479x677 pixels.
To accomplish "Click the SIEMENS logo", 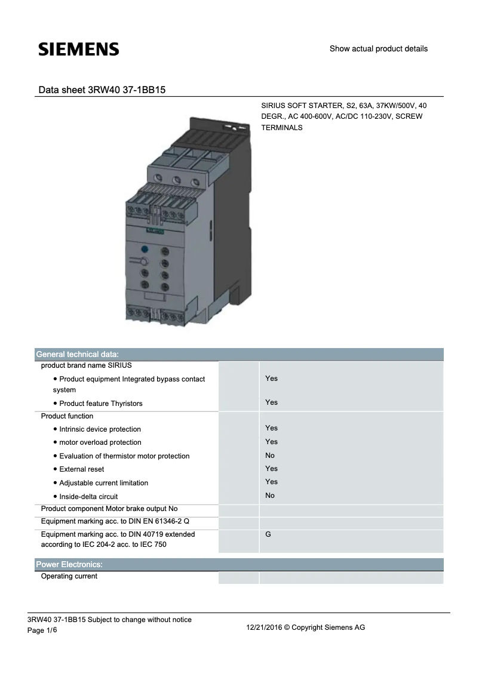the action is (x=79, y=50).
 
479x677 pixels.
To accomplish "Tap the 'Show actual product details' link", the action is (x=378, y=49).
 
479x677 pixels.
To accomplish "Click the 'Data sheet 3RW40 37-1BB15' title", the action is (x=102, y=90).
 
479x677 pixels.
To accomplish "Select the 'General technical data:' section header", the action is (x=78, y=354).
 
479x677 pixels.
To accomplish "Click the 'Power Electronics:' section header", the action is (x=69, y=564).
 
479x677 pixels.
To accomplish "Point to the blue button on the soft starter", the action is (x=144, y=250).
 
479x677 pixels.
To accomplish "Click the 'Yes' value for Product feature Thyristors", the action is (x=271, y=402).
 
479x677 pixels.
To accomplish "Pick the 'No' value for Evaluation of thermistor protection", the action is (x=270, y=455).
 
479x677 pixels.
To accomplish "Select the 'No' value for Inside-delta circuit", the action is (x=270, y=496).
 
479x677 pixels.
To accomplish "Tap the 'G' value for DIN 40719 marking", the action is (x=268, y=534).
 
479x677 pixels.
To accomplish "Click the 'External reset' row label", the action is (x=82, y=469).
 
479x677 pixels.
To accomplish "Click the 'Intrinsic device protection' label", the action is (x=100, y=429).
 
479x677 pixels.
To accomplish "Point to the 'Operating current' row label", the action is (x=69, y=577).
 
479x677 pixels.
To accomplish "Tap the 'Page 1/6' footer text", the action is (x=44, y=631).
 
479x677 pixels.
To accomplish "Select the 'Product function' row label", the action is (x=67, y=416).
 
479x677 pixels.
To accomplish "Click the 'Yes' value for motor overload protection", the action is (x=271, y=442).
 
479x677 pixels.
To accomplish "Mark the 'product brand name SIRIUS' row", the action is (x=86, y=365).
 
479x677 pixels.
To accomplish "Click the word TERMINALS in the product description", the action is (x=282, y=128).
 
